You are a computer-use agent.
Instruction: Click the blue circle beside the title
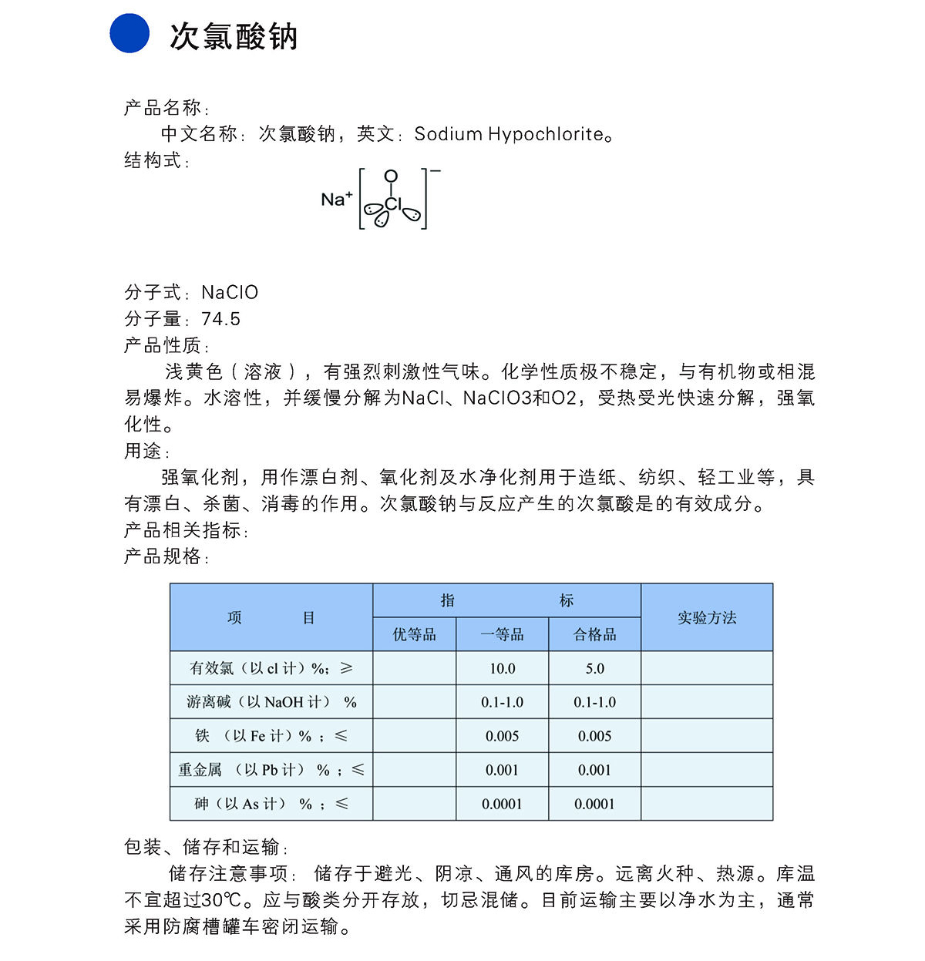pos(129,33)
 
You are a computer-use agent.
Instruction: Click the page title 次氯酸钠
pos(234,36)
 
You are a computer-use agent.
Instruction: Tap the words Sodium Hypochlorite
pos(509,134)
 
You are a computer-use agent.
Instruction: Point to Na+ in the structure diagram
pos(336,199)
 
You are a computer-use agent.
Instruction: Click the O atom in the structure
pos(391,176)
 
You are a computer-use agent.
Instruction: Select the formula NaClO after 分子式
pos(230,293)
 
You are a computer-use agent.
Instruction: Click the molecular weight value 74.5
pos(220,319)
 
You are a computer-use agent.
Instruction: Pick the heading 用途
pos(143,451)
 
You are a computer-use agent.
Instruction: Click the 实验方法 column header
pos(707,617)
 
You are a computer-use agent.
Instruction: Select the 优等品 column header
pos(415,634)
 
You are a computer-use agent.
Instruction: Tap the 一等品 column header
pos(502,634)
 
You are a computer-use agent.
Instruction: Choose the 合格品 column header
pos(594,634)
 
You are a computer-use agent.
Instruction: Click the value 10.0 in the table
pos(502,668)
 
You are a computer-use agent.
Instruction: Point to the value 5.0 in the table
pos(594,668)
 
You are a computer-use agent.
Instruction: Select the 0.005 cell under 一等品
pos(502,736)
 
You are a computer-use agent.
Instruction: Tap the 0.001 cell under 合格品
pos(594,770)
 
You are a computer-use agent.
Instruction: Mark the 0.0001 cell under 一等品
pos(502,804)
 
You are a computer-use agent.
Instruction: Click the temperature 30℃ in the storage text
pos(223,900)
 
